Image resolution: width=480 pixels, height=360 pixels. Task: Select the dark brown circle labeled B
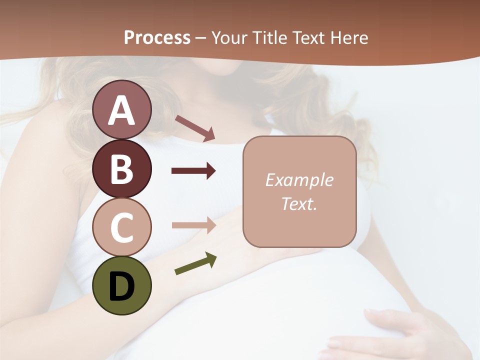pyautogui.click(x=122, y=169)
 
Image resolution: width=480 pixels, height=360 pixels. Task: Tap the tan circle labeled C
pyautogui.click(x=122, y=227)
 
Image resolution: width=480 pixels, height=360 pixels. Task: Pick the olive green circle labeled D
pyautogui.click(x=122, y=285)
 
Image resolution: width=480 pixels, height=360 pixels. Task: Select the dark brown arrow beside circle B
pyautogui.click(x=193, y=171)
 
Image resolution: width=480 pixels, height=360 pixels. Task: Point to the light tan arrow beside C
pyautogui.click(x=193, y=225)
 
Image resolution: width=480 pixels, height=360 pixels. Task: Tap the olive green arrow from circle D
pyautogui.click(x=195, y=263)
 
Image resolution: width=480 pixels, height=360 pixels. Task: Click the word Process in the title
pyautogui.click(x=157, y=37)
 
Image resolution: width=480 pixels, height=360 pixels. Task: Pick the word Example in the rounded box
pyautogui.click(x=299, y=180)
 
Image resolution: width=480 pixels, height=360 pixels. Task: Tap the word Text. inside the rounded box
pyautogui.click(x=299, y=203)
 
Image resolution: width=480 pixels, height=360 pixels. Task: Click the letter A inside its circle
pyautogui.click(x=122, y=110)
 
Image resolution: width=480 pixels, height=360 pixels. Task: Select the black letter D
pyautogui.click(x=122, y=286)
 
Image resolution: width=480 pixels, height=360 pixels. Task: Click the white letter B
pyautogui.click(x=122, y=169)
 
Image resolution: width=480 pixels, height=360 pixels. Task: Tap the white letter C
pyautogui.click(x=122, y=228)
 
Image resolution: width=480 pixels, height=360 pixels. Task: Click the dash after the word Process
pyautogui.click(x=200, y=38)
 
